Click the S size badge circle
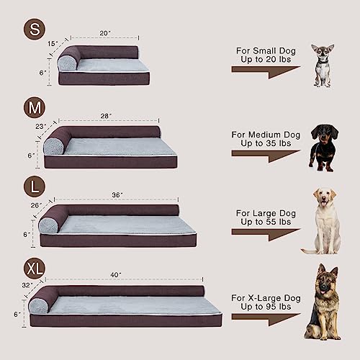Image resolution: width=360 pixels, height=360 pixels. coord(32,30)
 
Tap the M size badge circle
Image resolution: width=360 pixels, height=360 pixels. coord(33,109)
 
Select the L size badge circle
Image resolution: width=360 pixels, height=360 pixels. coord(33,187)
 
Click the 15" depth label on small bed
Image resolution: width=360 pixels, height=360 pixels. coord(53,43)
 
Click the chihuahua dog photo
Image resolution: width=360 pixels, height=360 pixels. coord(323,65)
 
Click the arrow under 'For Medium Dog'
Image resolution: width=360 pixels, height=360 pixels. coord(265,156)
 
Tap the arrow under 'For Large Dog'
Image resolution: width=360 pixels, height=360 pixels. coord(265,234)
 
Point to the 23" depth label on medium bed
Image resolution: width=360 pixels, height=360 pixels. coord(40,126)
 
